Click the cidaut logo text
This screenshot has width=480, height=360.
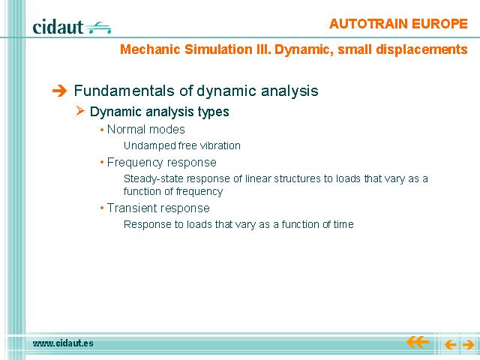coord(58,27)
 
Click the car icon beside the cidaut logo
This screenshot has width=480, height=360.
coord(98,28)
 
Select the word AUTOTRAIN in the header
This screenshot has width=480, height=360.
coord(368,24)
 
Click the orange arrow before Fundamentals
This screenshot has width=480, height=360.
coord(59,91)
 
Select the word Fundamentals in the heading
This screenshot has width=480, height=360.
coord(125,91)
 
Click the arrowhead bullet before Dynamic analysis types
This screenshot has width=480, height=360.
coord(80,110)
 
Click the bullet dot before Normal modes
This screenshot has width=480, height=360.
coord(102,130)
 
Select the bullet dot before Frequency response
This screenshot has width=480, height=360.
coord(102,163)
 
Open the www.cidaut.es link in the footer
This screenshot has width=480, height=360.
coord(63,343)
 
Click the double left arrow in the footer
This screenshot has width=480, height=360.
coord(418,342)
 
